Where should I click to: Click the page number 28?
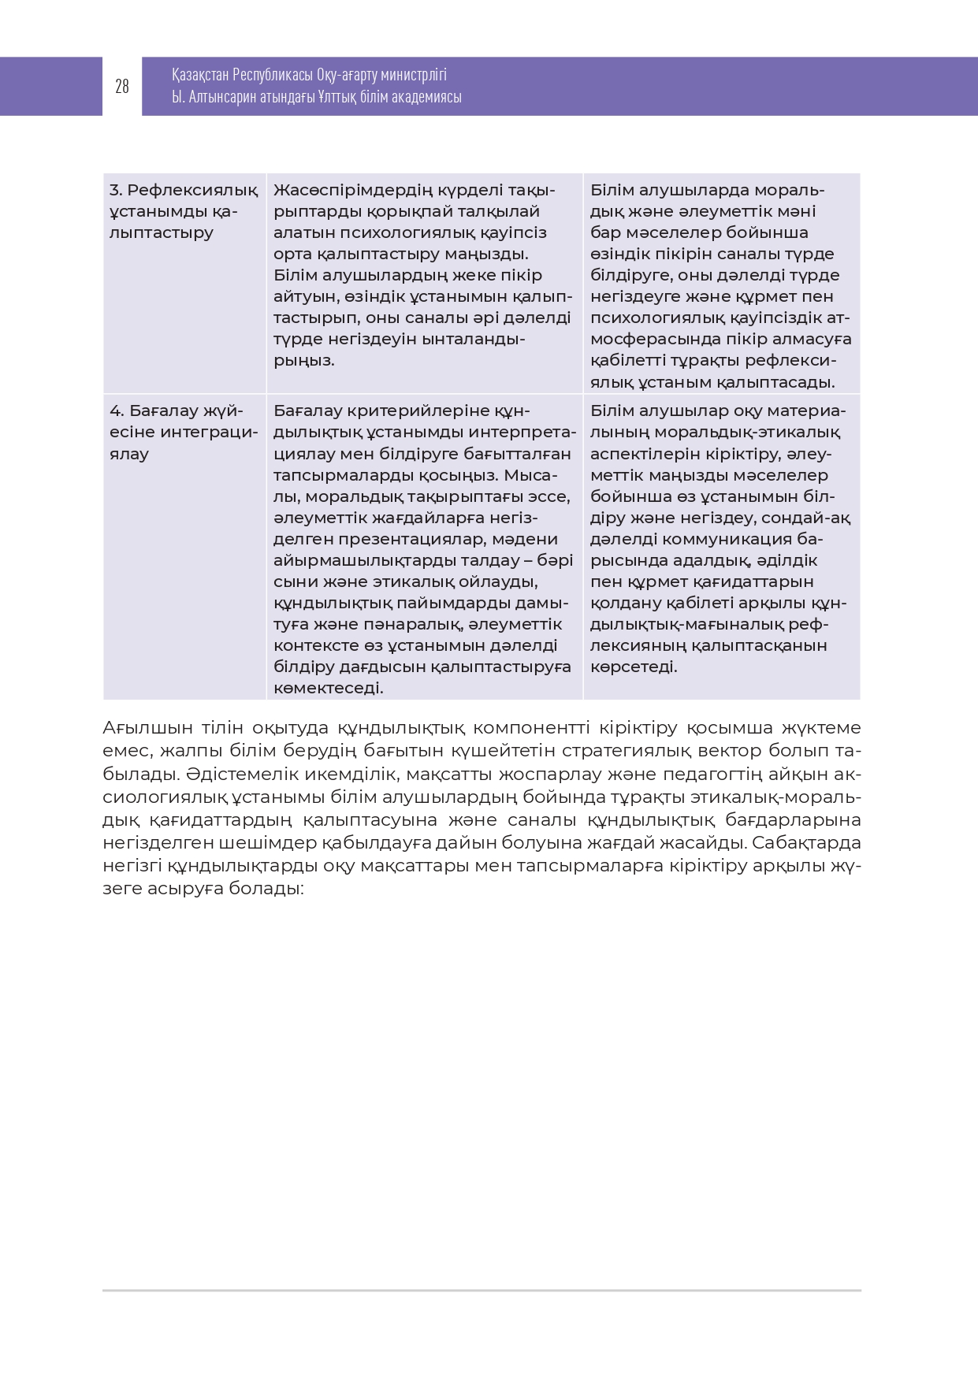coord(122,87)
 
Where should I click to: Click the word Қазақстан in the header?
coord(200,75)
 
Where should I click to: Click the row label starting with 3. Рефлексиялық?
coord(184,191)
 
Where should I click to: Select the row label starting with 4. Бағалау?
coord(177,411)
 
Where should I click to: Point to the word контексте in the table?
coord(316,645)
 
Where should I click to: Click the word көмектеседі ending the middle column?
coord(329,688)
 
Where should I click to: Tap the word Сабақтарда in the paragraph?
coord(806,842)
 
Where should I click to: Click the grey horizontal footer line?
coord(482,1291)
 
